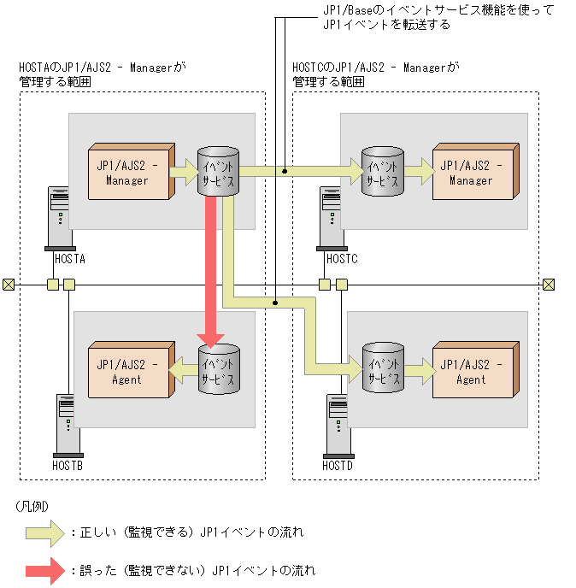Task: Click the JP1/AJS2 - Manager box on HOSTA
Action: (129, 173)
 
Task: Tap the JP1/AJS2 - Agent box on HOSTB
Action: (129, 372)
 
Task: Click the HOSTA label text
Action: (69, 258)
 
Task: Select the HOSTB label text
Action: (68, 466)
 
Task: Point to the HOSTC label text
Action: (341, 258)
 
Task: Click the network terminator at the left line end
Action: (9, 285)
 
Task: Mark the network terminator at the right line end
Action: (550, 285)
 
